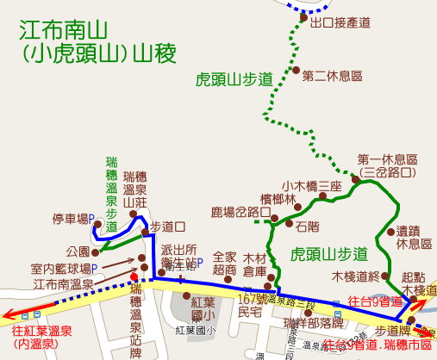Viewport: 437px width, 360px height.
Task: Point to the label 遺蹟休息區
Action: pyautogui.click(x=413, y=237)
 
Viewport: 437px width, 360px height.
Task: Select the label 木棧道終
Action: pyautogui.click(x=356, y=276)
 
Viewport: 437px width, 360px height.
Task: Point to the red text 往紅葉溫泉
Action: pyautogui.click(x=43, y=330)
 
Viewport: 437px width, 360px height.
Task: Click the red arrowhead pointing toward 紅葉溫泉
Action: pyautogui.click(x=7, y=314)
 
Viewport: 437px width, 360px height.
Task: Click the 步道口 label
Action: pyautogui.click(x=167, y=227)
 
